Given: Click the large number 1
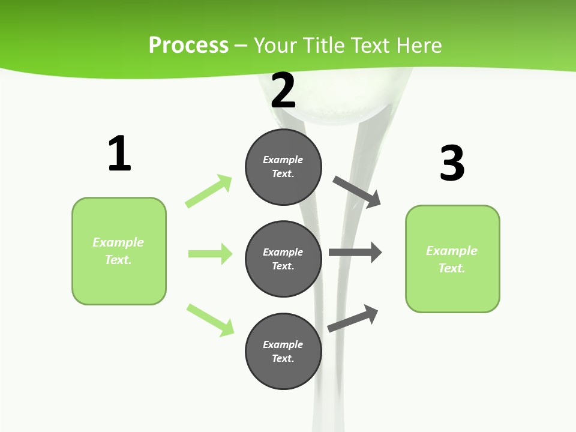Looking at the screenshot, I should click(x=119, y=154).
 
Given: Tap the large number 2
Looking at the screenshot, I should click(x=283, y=90).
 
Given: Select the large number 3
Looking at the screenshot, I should click(x=452, y=163).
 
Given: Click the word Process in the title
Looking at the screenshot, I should click(x=188, y=45).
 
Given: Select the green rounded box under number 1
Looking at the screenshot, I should click(x=119, y=251).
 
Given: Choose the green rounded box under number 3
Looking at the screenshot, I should click(x=452, y=259).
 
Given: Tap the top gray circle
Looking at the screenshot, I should click(x=283, y=167).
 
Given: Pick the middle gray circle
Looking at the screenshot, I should click(x=283, y=259).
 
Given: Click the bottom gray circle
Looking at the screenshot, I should click(x=283, y=351).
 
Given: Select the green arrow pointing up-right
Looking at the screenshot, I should click(x=209, y=191).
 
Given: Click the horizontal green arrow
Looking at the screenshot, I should click(x=210, y=254).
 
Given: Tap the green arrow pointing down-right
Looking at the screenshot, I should click(x=210, y=320).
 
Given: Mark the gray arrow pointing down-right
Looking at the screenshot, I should click(x=357, y=191).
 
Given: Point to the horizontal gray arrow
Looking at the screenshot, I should click(x=355, y=252).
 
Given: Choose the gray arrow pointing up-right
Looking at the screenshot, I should click(x=353, y=318).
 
